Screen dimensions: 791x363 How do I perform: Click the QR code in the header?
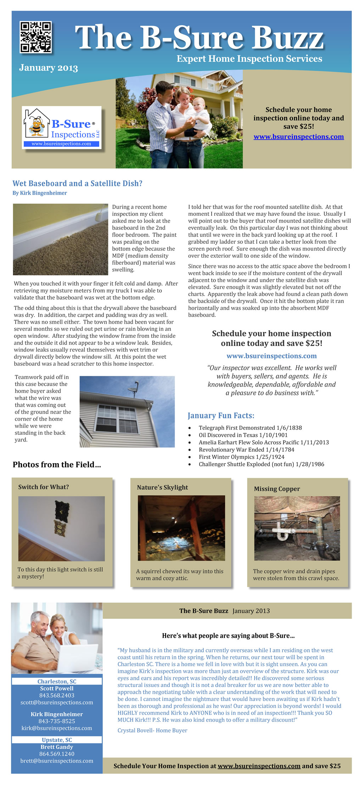coord(35,37)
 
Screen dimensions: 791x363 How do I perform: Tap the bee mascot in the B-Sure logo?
coord(37,126)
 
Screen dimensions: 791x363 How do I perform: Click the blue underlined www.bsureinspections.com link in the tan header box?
coord(298,137)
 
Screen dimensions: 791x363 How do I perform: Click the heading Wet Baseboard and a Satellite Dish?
coord(77,183)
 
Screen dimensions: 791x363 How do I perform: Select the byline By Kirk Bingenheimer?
coord(40,193)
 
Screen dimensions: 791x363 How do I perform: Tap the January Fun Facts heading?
coord(221,416)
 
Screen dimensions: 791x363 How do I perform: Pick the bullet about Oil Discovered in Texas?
coord(243,435)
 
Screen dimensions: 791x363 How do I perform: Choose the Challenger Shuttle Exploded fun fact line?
coord(261,464)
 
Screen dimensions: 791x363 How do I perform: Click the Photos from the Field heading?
coord(57,465)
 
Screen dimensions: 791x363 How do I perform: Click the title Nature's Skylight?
coord(162,487)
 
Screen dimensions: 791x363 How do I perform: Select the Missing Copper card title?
coord(277,489)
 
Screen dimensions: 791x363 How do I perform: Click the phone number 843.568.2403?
coord(57,695)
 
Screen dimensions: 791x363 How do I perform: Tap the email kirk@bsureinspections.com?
coord(57,728)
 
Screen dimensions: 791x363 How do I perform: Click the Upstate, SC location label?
coord(57,740)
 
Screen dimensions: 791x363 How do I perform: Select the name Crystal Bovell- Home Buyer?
coord(152,730)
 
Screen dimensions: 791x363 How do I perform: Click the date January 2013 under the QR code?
coord(49,67)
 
